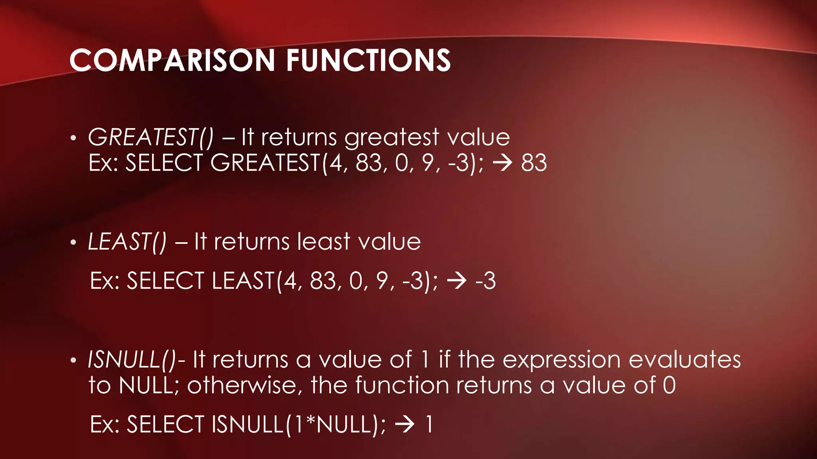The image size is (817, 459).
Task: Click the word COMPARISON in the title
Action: (x=172, y=61)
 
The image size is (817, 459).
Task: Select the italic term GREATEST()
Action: (x=151, y=137)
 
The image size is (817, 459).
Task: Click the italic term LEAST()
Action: (x=127, y=242)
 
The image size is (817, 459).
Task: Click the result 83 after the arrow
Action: (x=534, y=163)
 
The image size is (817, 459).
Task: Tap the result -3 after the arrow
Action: (x=485, y=280)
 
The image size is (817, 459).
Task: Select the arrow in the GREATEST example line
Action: (x=502, y=163)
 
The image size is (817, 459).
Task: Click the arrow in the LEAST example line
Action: (x=457, y=281)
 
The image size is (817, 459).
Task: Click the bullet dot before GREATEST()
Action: (x=73, y=138)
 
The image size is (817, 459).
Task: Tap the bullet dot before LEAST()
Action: (x=73, y=243)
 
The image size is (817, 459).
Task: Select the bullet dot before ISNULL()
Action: (x=73, y=360)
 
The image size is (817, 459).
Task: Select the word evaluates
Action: (x=685, y=359)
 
